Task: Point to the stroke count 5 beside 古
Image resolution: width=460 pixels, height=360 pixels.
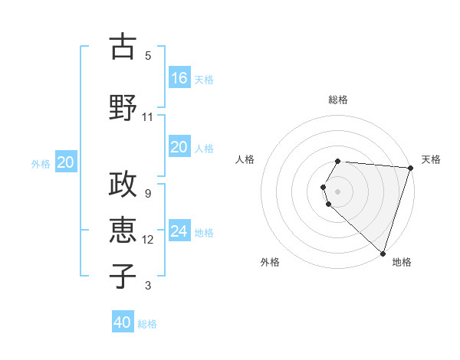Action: tap(147, 56)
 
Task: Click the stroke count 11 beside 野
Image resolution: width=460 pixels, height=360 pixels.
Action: tap(147, 117)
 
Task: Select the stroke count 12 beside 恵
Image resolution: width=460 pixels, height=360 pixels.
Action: tap(147, 240)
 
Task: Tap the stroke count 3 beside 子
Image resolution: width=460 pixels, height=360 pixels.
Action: tap(147, 286)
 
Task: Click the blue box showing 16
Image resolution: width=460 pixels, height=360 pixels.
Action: tap(179, 78)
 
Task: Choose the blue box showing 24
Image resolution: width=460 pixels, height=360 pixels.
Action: tap(179, 231)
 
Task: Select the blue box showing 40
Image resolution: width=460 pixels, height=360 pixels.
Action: tap(123, 322)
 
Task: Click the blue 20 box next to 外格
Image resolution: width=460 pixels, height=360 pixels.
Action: tap(66, 162)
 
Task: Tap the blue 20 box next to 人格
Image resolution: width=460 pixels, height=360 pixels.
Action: tap(179, 147)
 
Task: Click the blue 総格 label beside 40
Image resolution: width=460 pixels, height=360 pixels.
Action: tap(147, 323)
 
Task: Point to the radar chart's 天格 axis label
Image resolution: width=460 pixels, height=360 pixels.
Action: tap(431, 159)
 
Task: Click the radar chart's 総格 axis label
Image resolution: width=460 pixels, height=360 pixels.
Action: tap(338, 100)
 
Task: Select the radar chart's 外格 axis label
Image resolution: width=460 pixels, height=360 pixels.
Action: tap(270, 262)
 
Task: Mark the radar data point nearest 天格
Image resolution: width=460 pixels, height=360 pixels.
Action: tap(409, 168)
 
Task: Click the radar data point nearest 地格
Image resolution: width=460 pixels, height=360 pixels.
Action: tap(383, 253)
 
